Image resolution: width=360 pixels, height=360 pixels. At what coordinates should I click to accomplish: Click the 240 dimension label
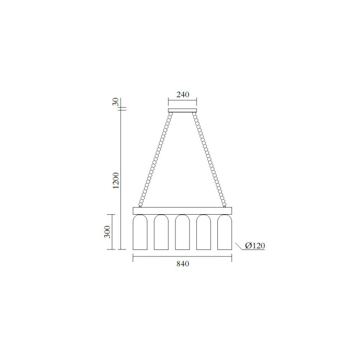pos(183,94)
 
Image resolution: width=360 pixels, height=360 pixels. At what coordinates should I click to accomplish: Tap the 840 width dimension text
pos(183,264)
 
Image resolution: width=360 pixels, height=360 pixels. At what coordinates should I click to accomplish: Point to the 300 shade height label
pos(108,232)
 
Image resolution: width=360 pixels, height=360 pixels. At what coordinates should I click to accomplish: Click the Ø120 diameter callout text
pos(255,246)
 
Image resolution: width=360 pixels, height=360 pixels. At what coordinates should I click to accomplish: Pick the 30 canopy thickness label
pos(116,101)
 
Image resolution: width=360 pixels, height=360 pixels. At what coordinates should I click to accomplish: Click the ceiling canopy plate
pos(183,110)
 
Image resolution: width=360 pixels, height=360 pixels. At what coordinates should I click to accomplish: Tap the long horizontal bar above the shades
pos(182,211)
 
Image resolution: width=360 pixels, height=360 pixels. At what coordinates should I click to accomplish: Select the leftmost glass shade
pos(140,232)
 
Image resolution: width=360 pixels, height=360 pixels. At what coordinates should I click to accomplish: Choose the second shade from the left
pos(161,232)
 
